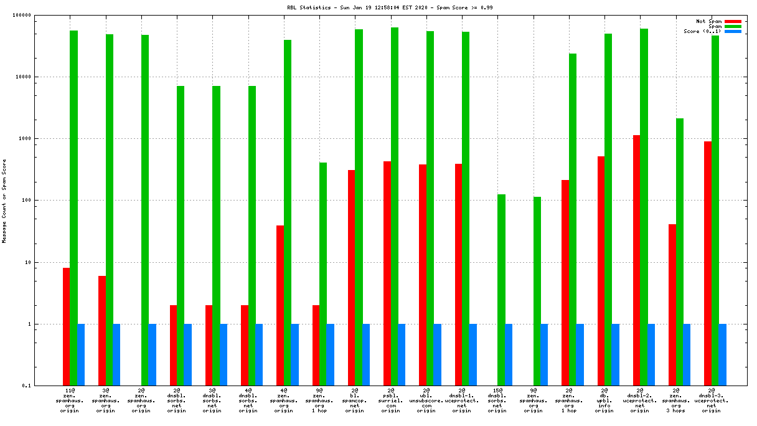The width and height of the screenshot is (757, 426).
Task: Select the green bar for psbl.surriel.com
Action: [395, 206]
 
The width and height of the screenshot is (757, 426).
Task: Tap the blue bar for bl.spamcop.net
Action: [366, 354]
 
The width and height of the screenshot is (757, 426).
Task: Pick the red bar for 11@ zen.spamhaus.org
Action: [66, 326]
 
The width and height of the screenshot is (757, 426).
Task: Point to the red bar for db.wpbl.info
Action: [601, 271]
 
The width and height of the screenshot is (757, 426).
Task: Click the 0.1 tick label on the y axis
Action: [44, 386]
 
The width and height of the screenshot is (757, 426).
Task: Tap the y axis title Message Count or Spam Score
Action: [5, 201]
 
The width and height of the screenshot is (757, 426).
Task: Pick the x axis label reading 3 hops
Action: [675, 410]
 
